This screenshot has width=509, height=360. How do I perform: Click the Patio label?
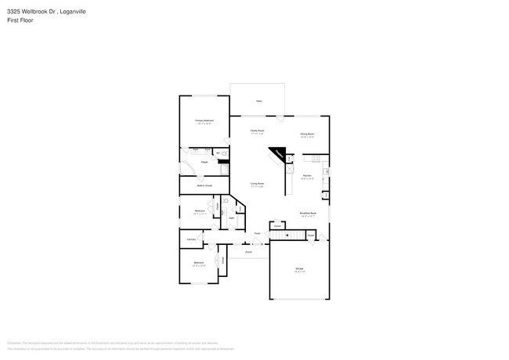pyautogui.click(x=258, y=101)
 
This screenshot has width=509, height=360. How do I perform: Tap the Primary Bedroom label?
pyautogui.click(x=204, y=121)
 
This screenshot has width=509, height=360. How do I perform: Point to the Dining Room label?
pyautogui.click(x=307, y=135)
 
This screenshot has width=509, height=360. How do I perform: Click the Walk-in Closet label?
pyautogui.click(x=204, y=185)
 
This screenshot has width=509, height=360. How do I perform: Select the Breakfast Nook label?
pyautogui.click(x=308, y=214)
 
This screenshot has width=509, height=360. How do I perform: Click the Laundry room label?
pyautogui.click(x=191, y=239)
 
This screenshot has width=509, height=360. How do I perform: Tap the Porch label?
pyautogui.click(x=249, y=252)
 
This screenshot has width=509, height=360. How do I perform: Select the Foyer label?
pyautogui.click(x=257, y=233)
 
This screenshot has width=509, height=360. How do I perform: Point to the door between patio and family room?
pyautogui.click(x=269, y=118)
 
